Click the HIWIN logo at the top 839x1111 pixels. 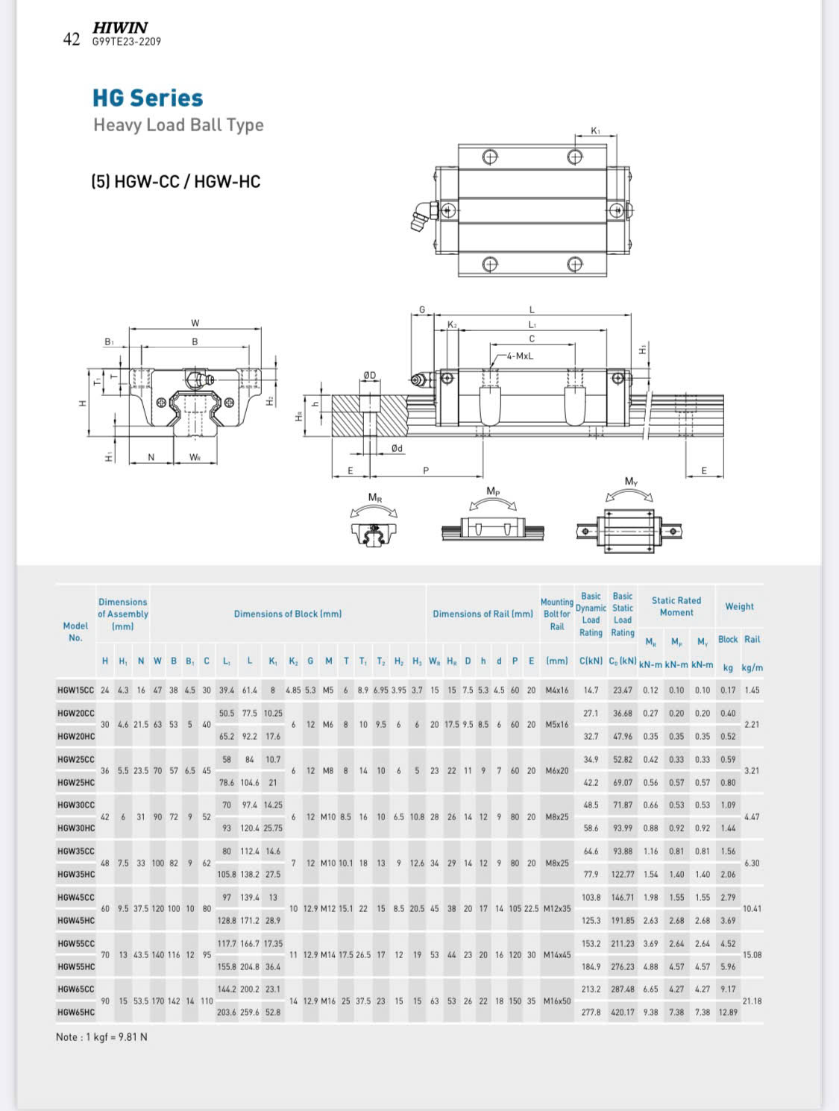[120, 28]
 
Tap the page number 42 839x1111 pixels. [72, 39]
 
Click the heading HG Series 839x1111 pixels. [148, 98]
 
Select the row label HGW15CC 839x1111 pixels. [75, 690]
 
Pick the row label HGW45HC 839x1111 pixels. [76, 920]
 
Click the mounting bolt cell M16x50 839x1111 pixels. [556, 1001]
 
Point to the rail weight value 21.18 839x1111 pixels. [752, 1001]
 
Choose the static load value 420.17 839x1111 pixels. [623, 1013]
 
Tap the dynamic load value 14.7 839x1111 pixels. [591, 690]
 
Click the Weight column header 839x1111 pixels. [739, 606]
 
